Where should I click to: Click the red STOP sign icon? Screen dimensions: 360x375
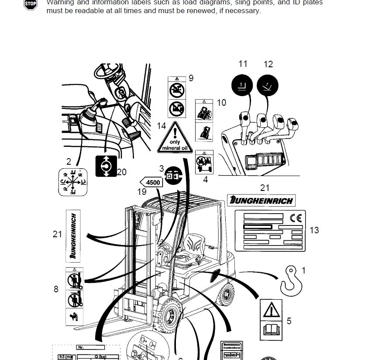coord(30,5)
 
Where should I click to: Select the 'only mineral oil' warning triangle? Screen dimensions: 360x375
coord(174,138)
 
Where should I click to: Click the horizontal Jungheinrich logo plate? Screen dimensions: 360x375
coord(261,201)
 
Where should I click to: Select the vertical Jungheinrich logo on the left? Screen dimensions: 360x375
coord(73,235)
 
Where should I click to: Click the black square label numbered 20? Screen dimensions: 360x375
coord(106,166)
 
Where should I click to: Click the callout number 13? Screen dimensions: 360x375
coord(314,230)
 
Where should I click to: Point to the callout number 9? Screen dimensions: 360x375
coord(191,79)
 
